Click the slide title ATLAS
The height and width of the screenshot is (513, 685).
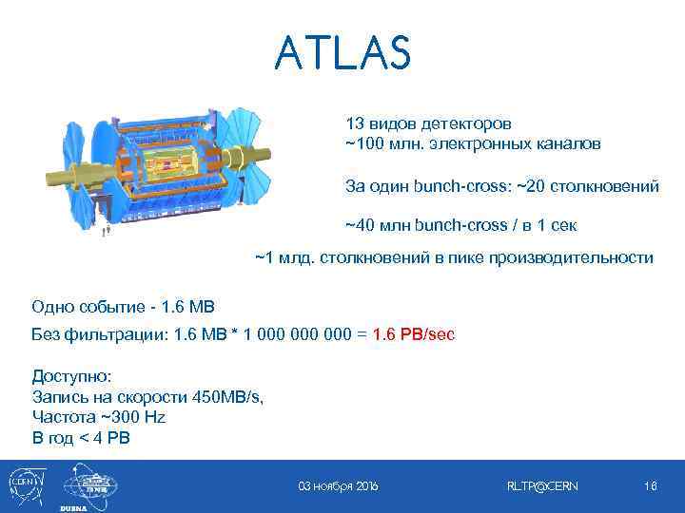tap(342, 53)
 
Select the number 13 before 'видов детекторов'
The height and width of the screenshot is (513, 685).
tap(354, 124)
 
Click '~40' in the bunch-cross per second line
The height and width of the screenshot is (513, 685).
tap(360, 226)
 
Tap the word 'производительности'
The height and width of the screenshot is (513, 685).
tap(578, 258)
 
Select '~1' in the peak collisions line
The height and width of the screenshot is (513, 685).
tap(264, 258)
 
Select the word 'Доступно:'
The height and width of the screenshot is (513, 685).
tap(71, 376)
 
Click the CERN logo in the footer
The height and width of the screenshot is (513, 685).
tap(23, 484)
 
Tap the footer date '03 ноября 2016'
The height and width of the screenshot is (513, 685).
tap(339, 486)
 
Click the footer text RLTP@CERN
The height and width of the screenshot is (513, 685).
tap(543, 486)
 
